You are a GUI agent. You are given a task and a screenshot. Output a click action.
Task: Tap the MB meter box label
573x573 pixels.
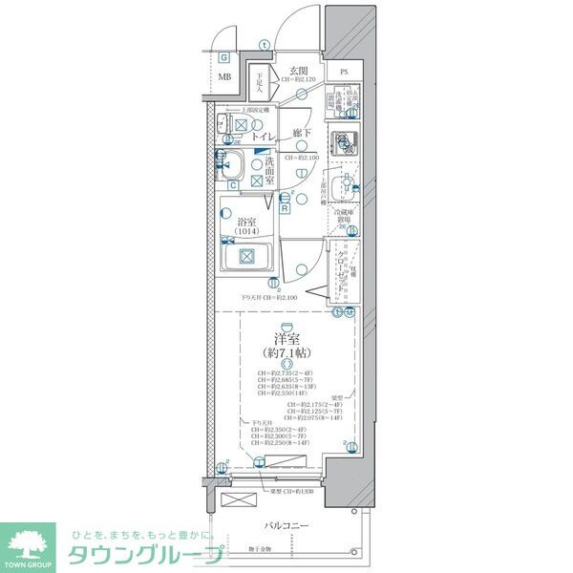pyautogui.click(x=224, y=77)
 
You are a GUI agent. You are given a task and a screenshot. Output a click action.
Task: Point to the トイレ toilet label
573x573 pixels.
pyautogui.click(x=265, y=138)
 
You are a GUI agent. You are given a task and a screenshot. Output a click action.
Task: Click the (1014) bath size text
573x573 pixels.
pyautogui.click(x=246, y=232)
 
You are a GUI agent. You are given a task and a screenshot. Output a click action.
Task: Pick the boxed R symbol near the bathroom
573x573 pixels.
pyautogui.click(x=285, y=207)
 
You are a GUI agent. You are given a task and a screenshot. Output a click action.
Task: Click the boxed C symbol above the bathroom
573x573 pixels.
pyautogui.click(x=233, y=184)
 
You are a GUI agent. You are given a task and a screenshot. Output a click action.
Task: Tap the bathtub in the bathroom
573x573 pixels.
pyautogui.click(x=246, y=256)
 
